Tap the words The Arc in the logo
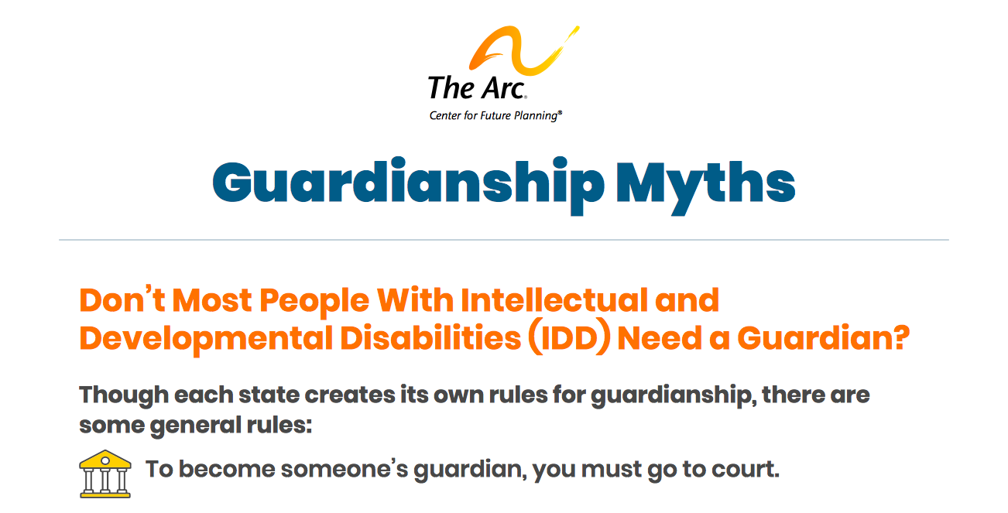[476, 87]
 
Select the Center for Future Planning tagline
[495, 116]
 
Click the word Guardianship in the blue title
[408, 184]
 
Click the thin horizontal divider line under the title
[503, 240]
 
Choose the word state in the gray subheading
[270, 395]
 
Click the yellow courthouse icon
[104, 473]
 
